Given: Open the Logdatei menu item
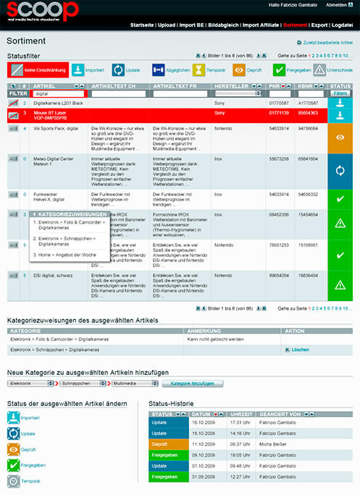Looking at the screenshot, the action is tap(342, 25).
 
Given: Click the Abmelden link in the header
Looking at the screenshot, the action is tap(337, 4).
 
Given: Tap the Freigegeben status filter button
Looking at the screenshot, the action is tap(288, 70).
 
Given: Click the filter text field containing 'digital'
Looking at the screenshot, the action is tap(59, 93).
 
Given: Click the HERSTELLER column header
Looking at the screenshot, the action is tap(230, 85).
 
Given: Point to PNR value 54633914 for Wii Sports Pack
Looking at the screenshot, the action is tap(279, 127).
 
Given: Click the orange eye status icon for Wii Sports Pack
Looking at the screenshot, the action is tap(340, 137).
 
